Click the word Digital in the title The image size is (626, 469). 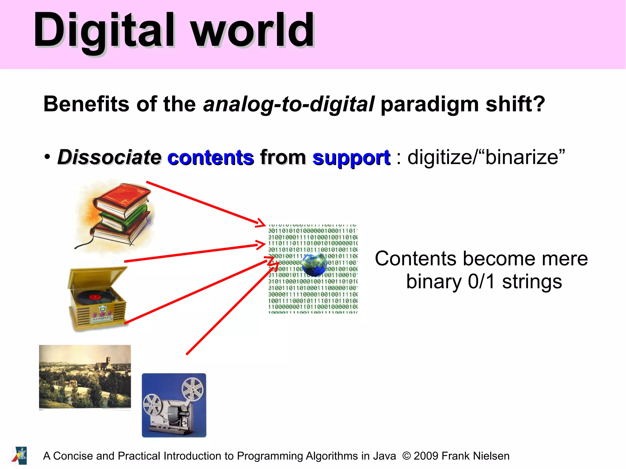coord(104,31)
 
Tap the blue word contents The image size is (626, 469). coord(211,158)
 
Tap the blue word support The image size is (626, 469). coord(351,158)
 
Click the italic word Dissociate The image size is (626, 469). coord(109,158)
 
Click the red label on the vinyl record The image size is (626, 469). coord(95,297)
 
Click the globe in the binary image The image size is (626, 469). coord(314,265)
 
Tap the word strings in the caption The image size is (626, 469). coord(532,282)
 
